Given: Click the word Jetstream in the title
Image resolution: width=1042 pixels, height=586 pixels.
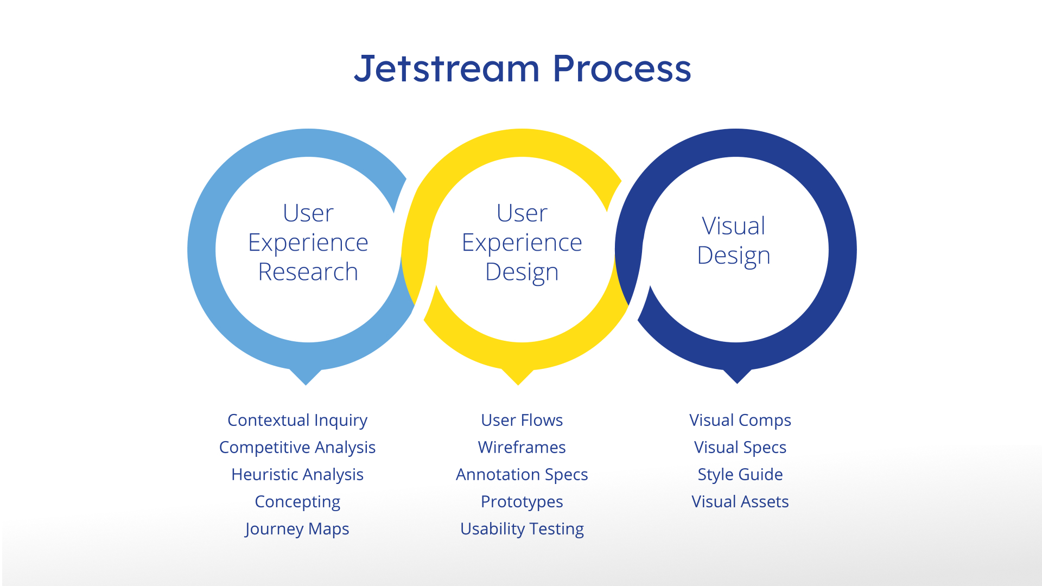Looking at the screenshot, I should [x=447, y=69].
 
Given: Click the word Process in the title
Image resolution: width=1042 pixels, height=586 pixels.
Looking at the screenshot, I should [x=621, y=69].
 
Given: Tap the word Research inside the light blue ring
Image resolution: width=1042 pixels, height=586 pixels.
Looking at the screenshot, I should [x=308, y=271].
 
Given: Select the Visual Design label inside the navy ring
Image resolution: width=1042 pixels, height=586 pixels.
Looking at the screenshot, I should [x=734, y=240].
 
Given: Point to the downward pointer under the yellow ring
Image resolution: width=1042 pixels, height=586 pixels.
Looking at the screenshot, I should [x=518, y=377].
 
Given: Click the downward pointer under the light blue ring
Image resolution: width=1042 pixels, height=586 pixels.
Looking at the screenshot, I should [x=306, y=377].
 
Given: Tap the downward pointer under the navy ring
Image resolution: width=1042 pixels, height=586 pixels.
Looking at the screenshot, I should [x=738, y=375].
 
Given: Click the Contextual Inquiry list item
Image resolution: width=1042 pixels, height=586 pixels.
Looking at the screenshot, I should [x=297, y=420].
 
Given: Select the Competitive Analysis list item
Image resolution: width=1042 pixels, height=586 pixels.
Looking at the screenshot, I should [x=297, y=447].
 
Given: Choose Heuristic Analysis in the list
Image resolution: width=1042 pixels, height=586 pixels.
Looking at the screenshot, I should [x=297, y=474].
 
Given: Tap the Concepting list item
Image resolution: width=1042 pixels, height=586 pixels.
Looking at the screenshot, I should [x=297, y=501].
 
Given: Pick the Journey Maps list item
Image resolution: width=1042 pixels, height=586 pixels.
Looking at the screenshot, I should [x=297, y=528].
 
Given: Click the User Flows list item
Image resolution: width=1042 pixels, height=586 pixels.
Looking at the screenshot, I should [x=522, y=420].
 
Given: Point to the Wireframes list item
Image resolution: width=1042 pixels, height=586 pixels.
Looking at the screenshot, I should [x=522, y=447].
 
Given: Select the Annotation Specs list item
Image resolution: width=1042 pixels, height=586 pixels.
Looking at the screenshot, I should [x=522, y=474].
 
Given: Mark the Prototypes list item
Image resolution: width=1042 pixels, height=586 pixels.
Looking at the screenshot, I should [x=522, y=501].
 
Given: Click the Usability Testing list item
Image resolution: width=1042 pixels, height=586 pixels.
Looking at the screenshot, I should [x=522, y=528].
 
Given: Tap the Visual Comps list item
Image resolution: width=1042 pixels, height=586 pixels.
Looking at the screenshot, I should [x=740, y=420].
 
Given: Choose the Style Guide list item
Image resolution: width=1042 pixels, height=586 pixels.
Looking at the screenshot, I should [x=740, y=474].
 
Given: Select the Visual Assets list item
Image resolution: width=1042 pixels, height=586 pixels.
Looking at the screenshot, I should [x=740, y=501].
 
